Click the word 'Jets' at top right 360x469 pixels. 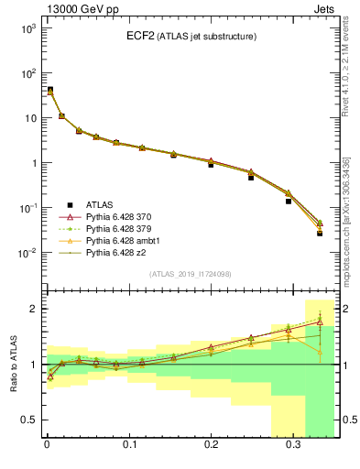pyautogui.click(x=324, y=8)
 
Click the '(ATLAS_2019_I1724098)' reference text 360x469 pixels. pyautogui.click(x=190, y=274)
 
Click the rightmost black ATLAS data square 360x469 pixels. pyautogui.click(x=320, y=234)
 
